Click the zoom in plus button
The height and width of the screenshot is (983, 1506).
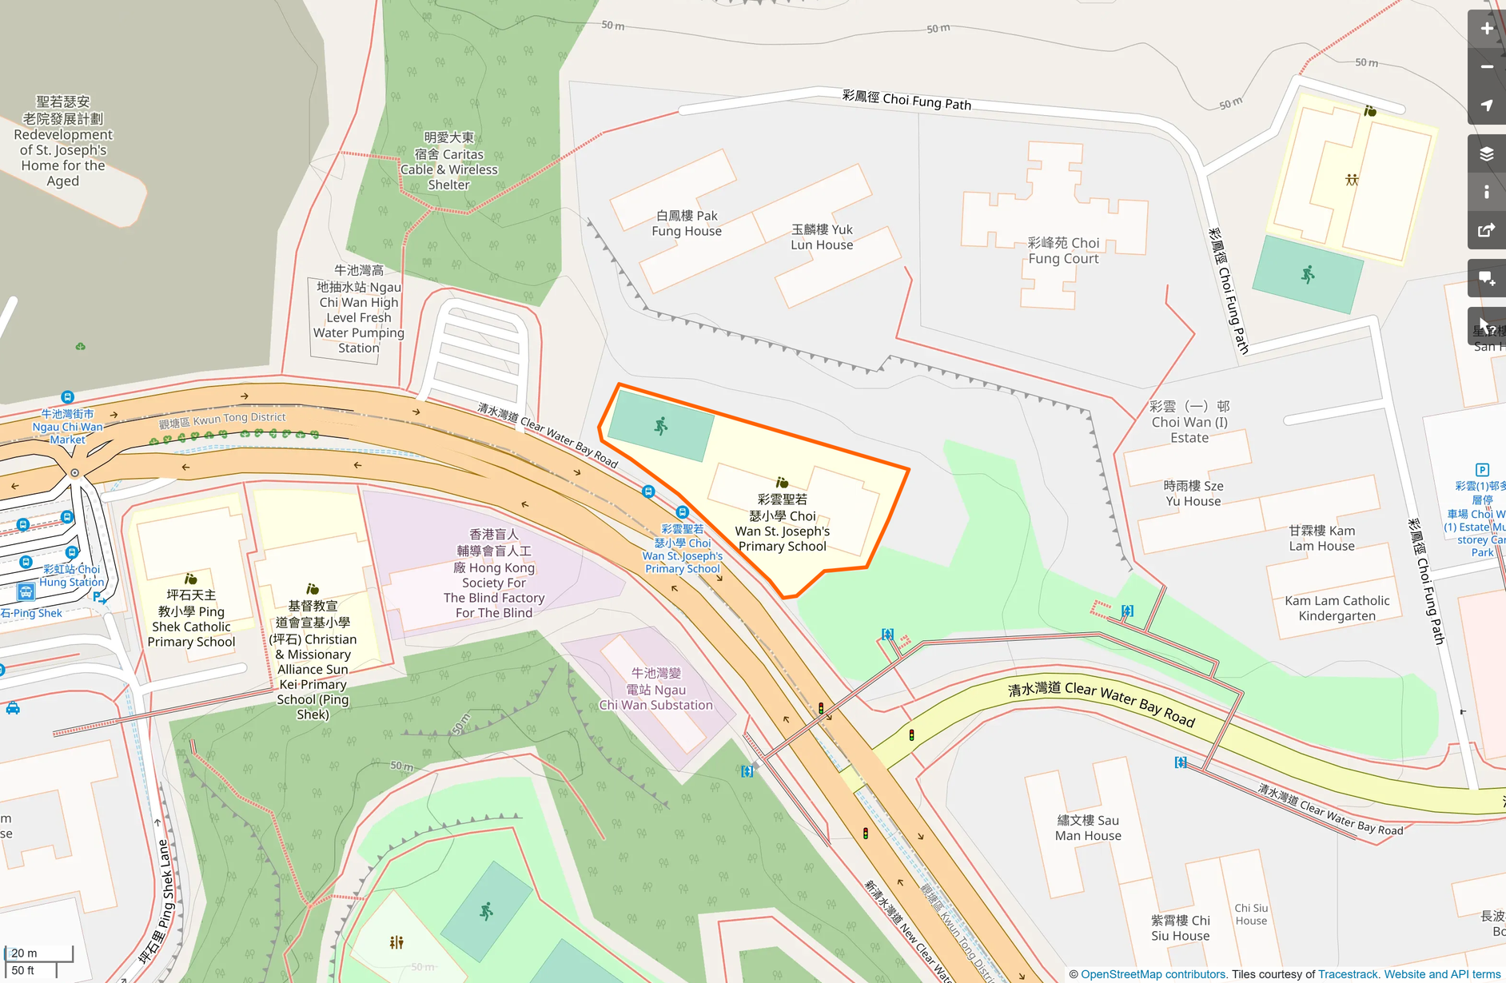tap(1486, 29)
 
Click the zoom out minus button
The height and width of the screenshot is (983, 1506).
tap(1486, 67)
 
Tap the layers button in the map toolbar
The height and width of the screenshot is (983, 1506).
tap(1486, 153)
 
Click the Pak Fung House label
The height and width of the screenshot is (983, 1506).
tap(686, 223)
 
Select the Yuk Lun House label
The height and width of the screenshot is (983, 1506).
tap(822, 237)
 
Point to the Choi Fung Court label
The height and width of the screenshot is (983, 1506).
tap(1063, 250)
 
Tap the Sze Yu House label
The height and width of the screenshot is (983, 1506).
tap(1193, 493)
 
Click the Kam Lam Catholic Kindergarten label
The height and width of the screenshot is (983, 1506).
tap(1337, 608)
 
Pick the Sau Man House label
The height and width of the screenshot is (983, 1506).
tap(1088, 828)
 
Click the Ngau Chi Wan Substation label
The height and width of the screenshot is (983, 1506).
tap(655, 689)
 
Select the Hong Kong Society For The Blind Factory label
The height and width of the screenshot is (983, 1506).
tap(494, 574)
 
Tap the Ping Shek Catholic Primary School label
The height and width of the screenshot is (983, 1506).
tap(191, 618)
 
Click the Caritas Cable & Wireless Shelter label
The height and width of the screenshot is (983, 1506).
tap(448, 161)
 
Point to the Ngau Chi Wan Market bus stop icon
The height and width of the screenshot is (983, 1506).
tap(68, 397)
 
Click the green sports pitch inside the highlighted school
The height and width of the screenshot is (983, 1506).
tap(660, 426)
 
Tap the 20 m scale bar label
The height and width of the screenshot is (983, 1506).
tap(24, 953)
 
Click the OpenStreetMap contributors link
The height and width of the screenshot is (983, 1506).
tap(1153, 974)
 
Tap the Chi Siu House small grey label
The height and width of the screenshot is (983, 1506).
tap(1251, 914)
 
